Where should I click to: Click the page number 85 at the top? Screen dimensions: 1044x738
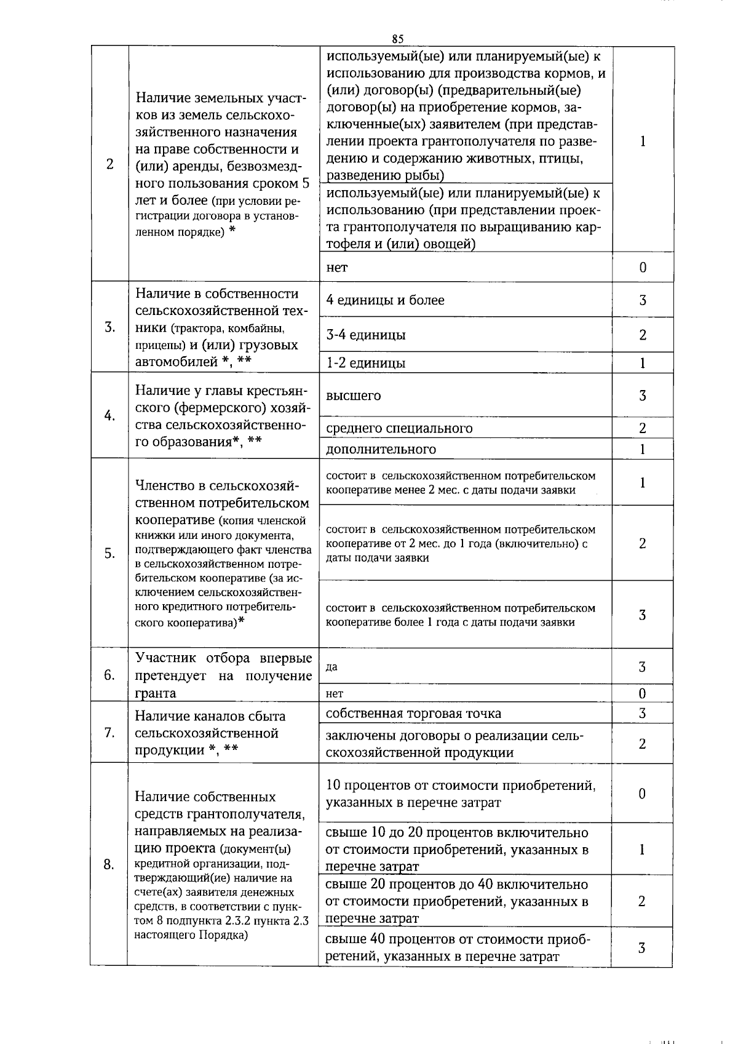coord(397,39)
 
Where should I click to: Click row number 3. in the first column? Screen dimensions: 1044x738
coord(109,327)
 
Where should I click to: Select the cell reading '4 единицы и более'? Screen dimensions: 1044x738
coord(385,300)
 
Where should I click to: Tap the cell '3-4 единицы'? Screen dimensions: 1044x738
coord(365,335)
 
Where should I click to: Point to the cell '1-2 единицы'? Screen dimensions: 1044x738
coord(365,363)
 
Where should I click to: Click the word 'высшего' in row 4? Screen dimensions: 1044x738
coord(353,396)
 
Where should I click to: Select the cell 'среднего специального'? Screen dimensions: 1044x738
coord(399,428)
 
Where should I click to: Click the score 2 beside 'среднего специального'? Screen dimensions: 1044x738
coord(642,428)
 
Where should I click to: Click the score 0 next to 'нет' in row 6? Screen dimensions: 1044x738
coord(642,694)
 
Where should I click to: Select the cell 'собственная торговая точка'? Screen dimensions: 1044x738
coord(413,714)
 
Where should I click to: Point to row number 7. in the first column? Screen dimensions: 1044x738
coord(109,733)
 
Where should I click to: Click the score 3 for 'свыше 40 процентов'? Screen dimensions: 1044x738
coord(641,948)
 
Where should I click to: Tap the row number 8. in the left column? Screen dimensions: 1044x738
coord(109,864)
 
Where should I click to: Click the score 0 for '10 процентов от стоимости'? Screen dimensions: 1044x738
coord(642,794)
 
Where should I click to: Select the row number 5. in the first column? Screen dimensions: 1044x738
coord(109,553)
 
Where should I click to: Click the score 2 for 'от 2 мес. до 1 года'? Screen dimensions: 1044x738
coord(642,543)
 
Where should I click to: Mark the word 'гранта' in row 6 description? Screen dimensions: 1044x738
coord(156,693)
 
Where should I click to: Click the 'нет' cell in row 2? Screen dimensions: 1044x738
coord(336,268)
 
